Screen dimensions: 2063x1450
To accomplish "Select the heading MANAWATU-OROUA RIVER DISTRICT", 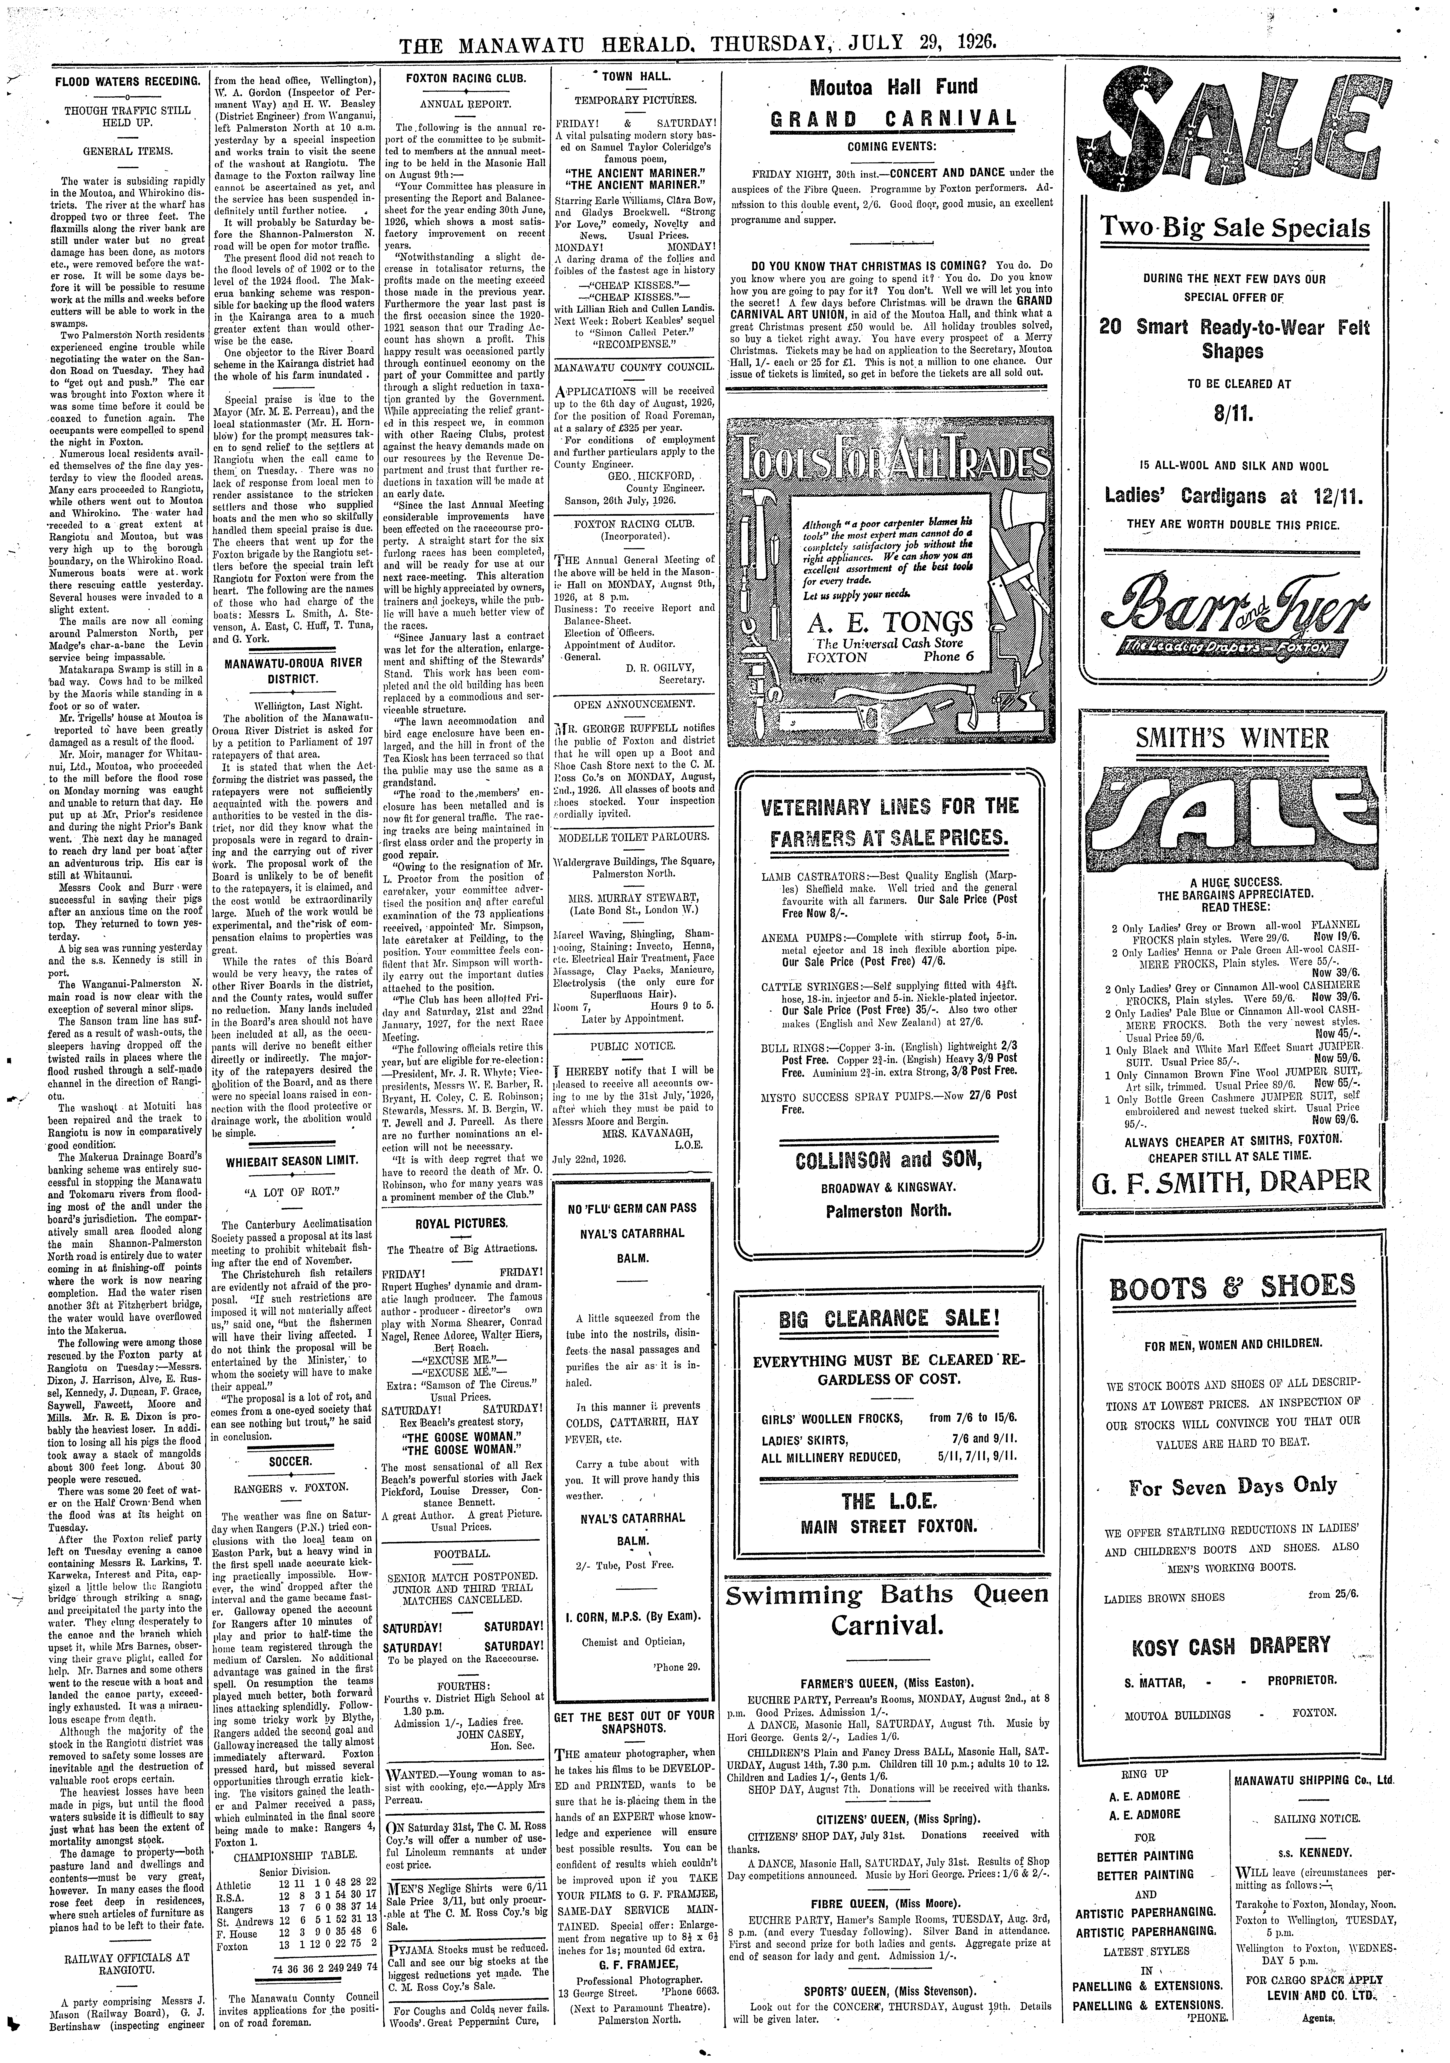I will tap(293, 670).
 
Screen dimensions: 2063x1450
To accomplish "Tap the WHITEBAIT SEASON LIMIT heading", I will tap(291, 1160).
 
